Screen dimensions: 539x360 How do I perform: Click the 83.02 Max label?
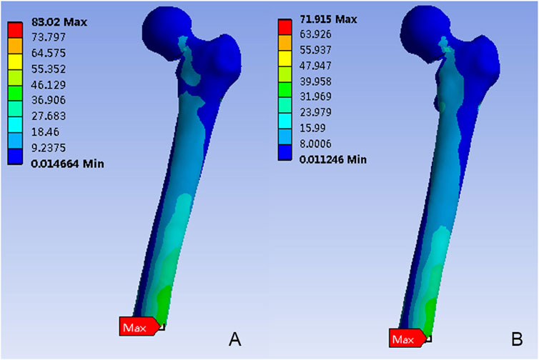tap(59, 22)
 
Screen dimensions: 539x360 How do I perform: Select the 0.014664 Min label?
tap(67, 164)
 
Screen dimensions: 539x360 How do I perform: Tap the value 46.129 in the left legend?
tap(49, 84)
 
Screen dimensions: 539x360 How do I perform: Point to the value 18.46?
tap(45, 132)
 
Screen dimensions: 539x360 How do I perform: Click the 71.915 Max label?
tap(328, 19)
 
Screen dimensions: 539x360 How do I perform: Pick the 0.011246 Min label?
tap(332, 159)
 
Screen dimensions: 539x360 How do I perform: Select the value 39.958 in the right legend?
tap(315, 81)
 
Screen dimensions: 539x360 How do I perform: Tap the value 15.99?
tap(312, 128)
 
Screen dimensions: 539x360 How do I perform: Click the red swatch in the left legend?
tap(15, 30)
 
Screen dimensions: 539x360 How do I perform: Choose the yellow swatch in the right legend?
tap(285, 59)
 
